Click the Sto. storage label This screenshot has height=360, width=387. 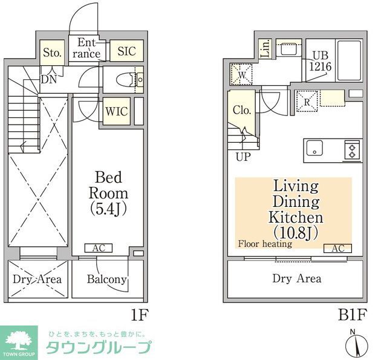(52, 53)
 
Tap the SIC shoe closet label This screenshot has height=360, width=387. (126, 51)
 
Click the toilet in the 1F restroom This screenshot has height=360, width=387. (126, 79)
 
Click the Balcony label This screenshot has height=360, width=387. (106, 279)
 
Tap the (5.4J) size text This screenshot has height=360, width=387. (109, 209)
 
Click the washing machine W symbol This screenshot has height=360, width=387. (241, 75)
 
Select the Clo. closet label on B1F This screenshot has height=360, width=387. (242, 110)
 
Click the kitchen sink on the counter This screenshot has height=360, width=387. (314, 148)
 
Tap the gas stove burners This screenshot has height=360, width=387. (353, 148)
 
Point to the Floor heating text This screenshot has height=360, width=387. (265, 244)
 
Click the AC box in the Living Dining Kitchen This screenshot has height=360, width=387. (337, 248)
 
